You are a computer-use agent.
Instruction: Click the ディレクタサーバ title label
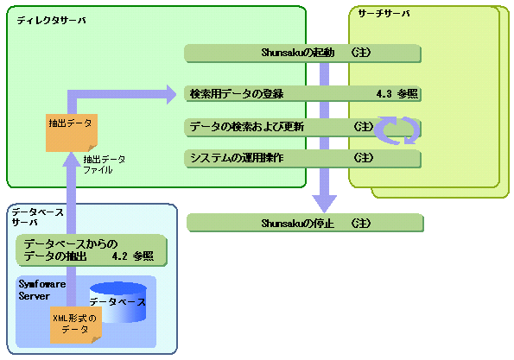point(52,21)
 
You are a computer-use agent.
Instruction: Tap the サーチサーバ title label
point(384,14)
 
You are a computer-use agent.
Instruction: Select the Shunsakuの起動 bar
point(302,53)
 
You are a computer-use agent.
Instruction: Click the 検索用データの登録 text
point(237,94)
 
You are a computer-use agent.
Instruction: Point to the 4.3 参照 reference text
point(397,94)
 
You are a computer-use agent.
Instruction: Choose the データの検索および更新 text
point(247,126)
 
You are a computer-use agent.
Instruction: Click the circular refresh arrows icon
point(397,130)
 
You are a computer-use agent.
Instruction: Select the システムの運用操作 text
point(237,158)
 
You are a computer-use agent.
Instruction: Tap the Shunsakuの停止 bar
point(305,223)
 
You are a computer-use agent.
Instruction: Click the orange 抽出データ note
point(72,133)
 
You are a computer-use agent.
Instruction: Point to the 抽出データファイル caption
point(105,165)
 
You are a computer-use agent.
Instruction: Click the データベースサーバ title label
point(38,218)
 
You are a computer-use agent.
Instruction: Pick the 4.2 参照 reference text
point(133,256)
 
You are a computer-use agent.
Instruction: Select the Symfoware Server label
point(42,290)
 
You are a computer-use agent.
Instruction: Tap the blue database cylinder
point(118,301)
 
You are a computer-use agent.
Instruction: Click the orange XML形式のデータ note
point(76,325)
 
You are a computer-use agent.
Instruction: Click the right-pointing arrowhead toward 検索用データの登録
point(171,95)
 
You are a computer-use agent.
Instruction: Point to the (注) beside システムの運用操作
point(364,158)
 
